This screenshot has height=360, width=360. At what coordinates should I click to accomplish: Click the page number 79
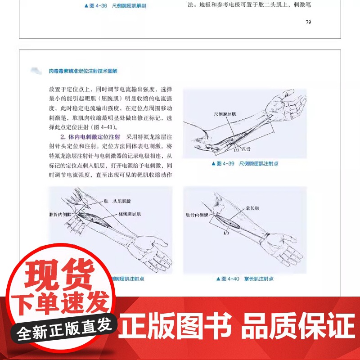click(x=308, y=22)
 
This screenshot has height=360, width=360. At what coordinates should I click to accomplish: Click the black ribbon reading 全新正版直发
click(x=63, y=333)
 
